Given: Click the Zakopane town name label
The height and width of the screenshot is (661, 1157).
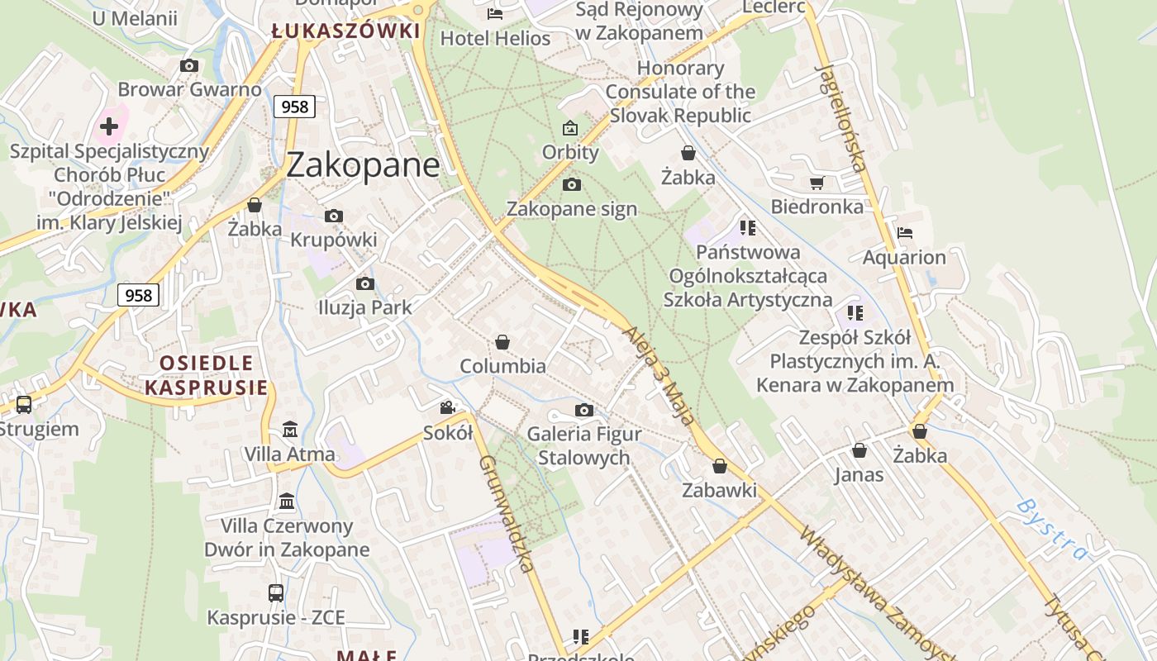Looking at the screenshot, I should [363, 165].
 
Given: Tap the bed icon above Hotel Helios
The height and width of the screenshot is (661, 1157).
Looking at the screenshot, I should [495, 13].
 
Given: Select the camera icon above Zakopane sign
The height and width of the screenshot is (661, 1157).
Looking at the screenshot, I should [571, 184].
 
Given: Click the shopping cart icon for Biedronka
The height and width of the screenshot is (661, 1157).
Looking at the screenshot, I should [817, 183].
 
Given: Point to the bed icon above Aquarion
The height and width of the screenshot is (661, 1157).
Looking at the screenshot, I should [905, 233].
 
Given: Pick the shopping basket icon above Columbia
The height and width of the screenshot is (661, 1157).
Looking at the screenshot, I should [502, 342].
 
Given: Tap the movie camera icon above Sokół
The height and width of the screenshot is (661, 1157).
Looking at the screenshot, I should [447, 407].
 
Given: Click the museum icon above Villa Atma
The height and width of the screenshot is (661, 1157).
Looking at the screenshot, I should [290, 430].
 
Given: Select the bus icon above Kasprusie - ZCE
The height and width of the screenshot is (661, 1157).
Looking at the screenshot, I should [276, 592].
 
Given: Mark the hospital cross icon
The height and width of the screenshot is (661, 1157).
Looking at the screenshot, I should [109, 126].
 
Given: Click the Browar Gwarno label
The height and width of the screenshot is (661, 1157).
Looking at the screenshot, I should [189, 89].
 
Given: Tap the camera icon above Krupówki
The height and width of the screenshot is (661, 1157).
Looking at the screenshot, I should [334, 216].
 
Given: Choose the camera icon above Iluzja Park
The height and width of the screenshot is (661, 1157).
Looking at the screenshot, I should [364, 283].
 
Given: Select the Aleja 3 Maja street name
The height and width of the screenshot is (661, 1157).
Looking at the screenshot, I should [659, 374].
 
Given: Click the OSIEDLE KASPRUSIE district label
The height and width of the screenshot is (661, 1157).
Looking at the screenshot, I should [206, 375].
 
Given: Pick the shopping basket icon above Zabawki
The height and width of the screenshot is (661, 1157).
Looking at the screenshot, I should [720, 466].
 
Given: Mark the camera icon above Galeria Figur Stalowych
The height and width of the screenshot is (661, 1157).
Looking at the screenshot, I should [583, 410].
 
